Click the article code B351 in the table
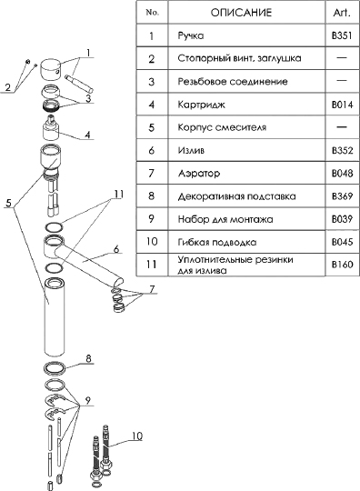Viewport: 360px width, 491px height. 342,35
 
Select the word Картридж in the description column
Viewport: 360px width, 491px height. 201,105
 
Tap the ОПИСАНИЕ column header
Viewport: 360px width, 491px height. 241,13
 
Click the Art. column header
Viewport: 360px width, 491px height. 342,13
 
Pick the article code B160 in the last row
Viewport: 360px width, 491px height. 342,265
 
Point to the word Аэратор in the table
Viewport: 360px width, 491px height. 199,173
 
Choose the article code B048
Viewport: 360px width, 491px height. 342,173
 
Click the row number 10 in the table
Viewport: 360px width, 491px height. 152,242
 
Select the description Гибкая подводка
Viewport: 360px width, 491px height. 217,242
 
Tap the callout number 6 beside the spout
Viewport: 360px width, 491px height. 116,249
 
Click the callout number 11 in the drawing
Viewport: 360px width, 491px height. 118,195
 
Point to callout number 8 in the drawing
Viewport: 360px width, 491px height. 88,358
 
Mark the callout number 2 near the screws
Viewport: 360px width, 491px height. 8,87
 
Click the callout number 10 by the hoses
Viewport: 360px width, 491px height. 136,436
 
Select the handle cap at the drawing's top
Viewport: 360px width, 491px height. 52,69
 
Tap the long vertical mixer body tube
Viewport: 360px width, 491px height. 55,317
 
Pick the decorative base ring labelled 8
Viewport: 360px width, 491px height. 55,367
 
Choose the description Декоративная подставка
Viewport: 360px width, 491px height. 236,196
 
